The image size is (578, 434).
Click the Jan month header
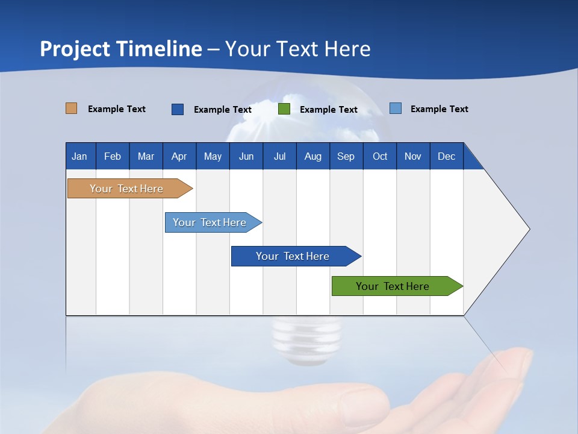[x=79, y=156]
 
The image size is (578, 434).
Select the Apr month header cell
[x=179, y=156]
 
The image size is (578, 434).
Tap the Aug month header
[x=312, y=156]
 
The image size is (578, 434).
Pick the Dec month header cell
[x=446, y=156]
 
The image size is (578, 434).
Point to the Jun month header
[x=246, y=156]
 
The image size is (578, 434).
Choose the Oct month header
[x=379, y=156]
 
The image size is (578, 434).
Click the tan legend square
[x=71, y=108]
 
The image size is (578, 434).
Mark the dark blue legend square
[x=177, y=109]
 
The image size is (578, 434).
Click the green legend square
[x=284, y=109]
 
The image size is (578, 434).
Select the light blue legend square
[x=395, y=108]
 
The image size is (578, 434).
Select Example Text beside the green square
[x=328, y=110]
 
